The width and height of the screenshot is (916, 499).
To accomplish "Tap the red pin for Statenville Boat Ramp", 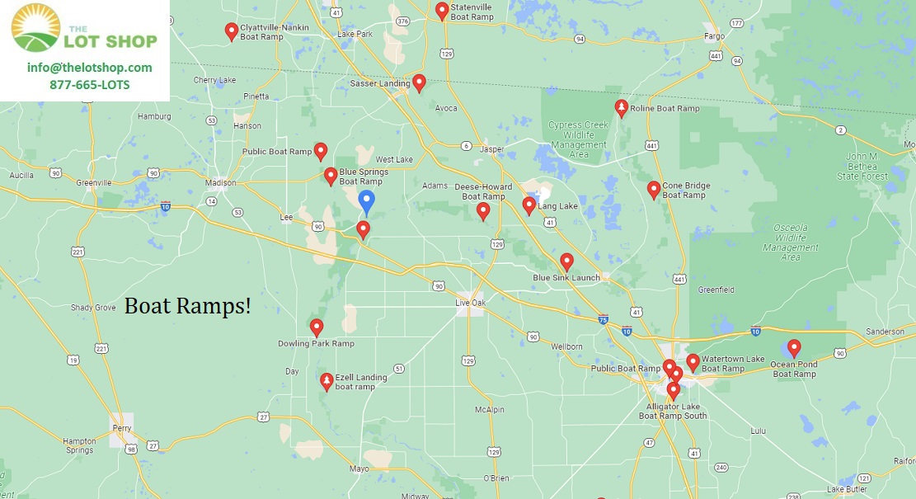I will pos(442,11).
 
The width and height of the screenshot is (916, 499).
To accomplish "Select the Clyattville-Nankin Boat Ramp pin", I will pos(232,31).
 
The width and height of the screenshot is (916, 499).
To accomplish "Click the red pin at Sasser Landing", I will pos(419,82).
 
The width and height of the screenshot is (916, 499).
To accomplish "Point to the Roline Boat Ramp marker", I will pos(621,108).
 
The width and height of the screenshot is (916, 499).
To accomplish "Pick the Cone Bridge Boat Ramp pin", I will pos(654,190).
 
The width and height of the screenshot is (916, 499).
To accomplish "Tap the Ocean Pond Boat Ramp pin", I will pos(794,348).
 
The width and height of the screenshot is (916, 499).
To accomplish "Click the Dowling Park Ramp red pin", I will pos(317,327).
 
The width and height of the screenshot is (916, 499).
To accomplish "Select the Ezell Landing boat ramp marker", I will pos(326,381).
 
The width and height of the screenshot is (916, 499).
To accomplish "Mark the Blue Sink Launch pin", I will pos(566,261).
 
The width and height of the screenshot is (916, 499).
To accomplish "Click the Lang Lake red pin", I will pos(529,205).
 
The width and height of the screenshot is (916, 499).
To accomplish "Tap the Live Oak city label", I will pos(472,304).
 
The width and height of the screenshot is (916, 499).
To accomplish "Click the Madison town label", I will pos(219,183).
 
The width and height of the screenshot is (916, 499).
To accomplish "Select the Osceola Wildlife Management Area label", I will pos(790,242).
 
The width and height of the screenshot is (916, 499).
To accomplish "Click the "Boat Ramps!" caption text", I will pos(188,307).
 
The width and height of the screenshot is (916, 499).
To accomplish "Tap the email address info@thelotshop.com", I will pos(89,68).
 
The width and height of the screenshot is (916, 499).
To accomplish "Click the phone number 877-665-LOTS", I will pos(89,85).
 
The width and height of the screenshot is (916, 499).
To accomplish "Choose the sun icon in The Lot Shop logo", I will pos(35,27).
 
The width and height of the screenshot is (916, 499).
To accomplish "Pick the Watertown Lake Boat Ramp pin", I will pos(693,362).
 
